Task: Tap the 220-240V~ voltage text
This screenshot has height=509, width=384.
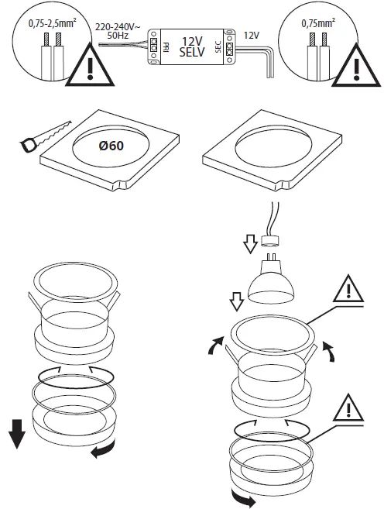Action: click(x=118, y=26)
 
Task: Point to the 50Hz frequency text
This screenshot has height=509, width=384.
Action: click(x=118, y=36)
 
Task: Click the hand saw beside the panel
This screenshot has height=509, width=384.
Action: click(x=42, y=134)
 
